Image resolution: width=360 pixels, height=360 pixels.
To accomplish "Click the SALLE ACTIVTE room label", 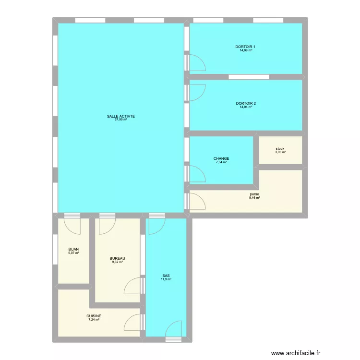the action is click(x=121, y=116).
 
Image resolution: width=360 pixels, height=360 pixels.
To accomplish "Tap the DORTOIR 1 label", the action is click(x=245, y=47).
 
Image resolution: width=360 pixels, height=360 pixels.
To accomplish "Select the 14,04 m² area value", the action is click(x=246, y=107).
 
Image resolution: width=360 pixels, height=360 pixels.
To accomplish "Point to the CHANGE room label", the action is click(x=221, y=158).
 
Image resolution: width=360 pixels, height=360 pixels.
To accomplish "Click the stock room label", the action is click(x=280, y=148).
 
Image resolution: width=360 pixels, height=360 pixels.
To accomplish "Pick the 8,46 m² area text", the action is click(x=254, y=197).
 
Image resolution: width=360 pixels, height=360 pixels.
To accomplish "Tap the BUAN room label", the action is click(x=73, y=249).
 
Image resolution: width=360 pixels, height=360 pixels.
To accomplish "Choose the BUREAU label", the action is click(x=117, y=258).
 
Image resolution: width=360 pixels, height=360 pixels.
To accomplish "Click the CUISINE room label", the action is click(x=94, y=316).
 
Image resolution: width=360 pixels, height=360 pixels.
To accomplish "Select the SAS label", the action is click(x=166, y=276).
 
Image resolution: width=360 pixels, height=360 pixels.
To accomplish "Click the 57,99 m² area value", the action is click(x=121, y=120).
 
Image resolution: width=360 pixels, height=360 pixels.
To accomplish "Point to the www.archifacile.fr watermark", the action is click(x=296, y=353).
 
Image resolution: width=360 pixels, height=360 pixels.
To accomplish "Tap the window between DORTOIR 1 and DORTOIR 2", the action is click(x=249, y=77).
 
